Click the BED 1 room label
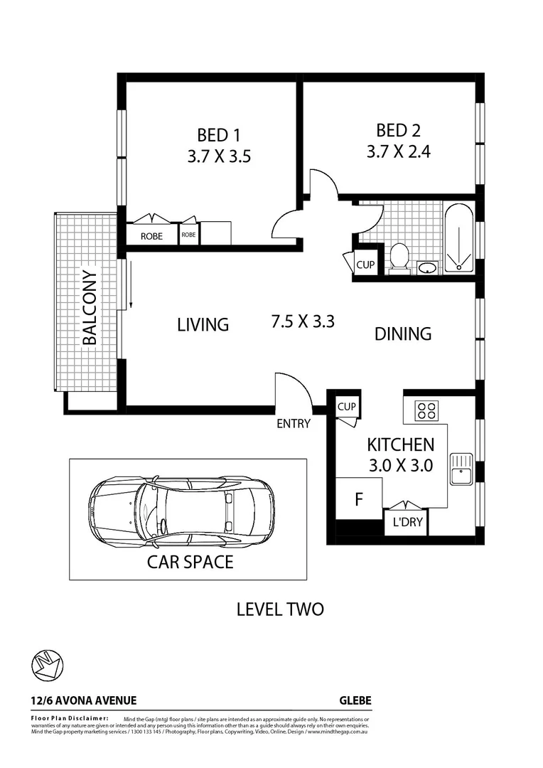point(218,134)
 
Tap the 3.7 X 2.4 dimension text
point(399,151)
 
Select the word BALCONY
point(90,307)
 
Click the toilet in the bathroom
point(399,257)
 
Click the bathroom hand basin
point(427,267)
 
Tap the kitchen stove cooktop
point(427,410)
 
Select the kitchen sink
point(461,469)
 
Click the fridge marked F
point(359,498)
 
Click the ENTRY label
point(294,424)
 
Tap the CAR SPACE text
point(190,562)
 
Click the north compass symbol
point(48,666)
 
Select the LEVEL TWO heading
point(279,609)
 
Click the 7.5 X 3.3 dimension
point(303,321)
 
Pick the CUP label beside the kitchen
point(347,407)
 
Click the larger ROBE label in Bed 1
point(151,236)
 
